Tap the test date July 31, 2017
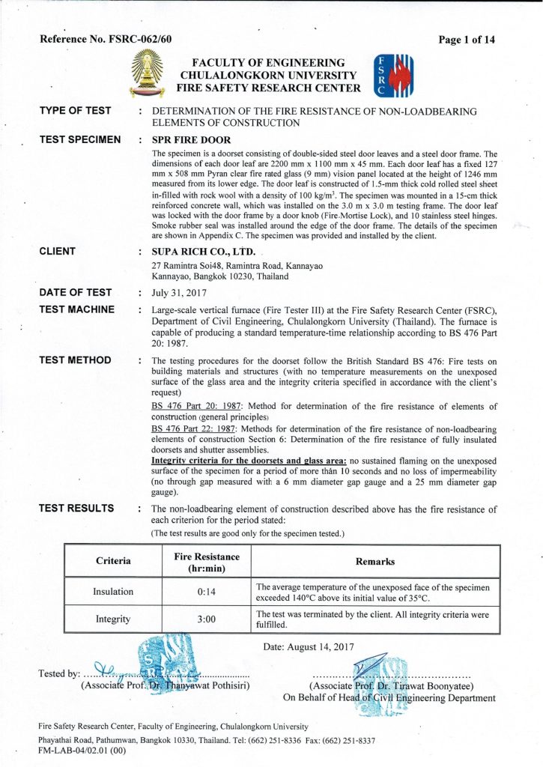(183, 293)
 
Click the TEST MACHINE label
(77, 309)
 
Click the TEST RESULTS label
(76, 508)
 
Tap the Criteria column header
(113, 561)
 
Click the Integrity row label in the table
(113, 619)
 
